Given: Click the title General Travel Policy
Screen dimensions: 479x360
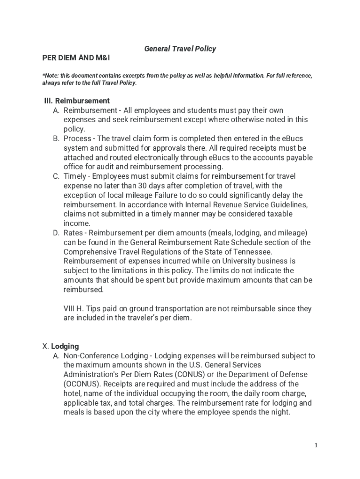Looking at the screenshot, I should (x=180, y=49).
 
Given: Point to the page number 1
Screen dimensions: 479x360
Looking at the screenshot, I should (x=316, y=445).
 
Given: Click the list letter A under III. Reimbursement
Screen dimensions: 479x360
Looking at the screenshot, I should (x=56, y=110).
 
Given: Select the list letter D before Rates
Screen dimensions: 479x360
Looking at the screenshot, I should (x=56, y=233).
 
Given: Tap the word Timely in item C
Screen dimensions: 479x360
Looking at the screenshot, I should (x=74, y=176).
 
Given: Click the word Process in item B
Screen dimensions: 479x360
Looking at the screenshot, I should (x=77, y=138).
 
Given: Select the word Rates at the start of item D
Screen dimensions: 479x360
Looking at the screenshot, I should (x=73, y=233).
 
